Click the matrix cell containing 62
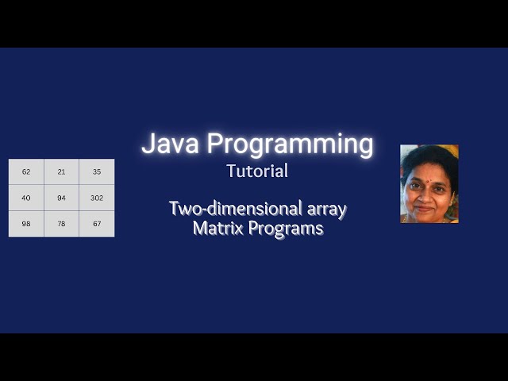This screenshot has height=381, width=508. [26, 171]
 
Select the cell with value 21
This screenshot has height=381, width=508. [62, 171]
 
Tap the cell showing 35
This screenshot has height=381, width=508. [97, 171]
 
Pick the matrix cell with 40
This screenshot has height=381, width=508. [26, 198]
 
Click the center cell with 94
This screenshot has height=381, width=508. [62, 198]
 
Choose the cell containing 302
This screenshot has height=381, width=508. [97, 198]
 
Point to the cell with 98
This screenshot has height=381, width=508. [26, 224]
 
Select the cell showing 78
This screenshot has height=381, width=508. [62, 224]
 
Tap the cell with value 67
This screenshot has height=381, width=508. [97, 224]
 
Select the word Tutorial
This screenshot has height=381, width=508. [257, 171]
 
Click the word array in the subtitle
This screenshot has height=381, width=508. [326, 210]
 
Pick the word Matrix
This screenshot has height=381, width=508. [214, 228]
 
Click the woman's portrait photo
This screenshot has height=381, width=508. [429, 183]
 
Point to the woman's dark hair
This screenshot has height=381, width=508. [429, 155]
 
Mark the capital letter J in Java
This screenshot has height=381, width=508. [148, 144]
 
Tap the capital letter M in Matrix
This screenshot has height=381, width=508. [198, 228]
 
